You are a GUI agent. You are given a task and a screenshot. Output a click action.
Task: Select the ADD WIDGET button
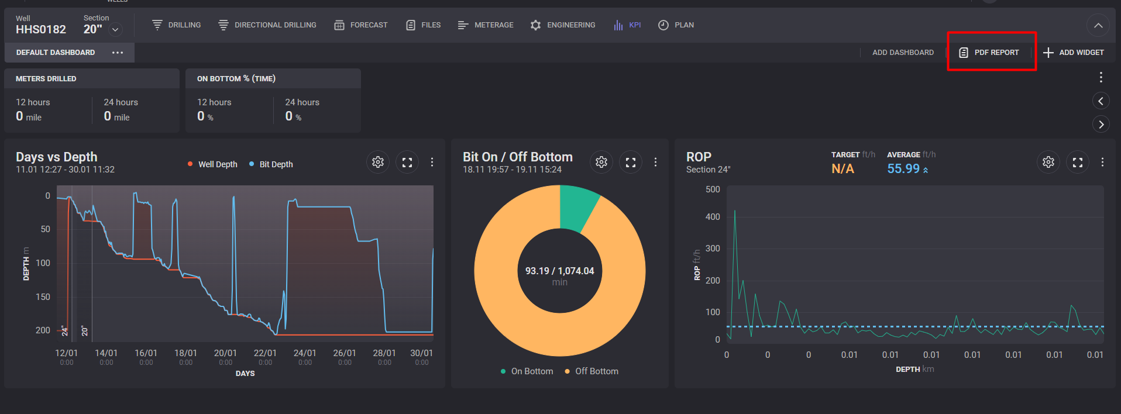(1074, 53)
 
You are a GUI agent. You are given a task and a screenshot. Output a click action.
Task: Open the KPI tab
(627, 25)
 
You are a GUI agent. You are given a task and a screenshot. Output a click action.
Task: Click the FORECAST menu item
(361, 25)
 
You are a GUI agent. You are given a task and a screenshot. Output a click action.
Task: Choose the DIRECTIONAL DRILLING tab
(267, 25)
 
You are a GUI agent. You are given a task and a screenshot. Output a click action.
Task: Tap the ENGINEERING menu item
(563, 25)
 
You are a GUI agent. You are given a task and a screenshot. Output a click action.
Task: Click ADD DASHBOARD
(903, 53)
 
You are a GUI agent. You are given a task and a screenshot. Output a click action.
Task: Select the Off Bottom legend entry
(592, 371)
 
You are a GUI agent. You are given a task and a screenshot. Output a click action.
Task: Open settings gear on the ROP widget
(1048, 162)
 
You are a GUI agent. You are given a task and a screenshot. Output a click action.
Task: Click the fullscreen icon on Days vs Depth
(407, 162)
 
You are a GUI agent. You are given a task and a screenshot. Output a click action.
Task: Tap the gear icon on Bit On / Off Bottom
(601, 162)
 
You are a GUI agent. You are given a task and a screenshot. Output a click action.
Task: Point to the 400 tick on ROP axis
(713, 217)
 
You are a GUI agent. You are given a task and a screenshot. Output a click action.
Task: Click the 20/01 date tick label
(225, 353)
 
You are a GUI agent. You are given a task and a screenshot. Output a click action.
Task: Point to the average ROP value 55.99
(903, 169)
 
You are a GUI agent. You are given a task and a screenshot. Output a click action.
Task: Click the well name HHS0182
(41, 29)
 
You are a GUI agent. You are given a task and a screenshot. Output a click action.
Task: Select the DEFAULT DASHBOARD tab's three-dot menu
(118, 53)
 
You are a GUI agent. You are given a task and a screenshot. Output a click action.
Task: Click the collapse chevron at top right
(1098, 26)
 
